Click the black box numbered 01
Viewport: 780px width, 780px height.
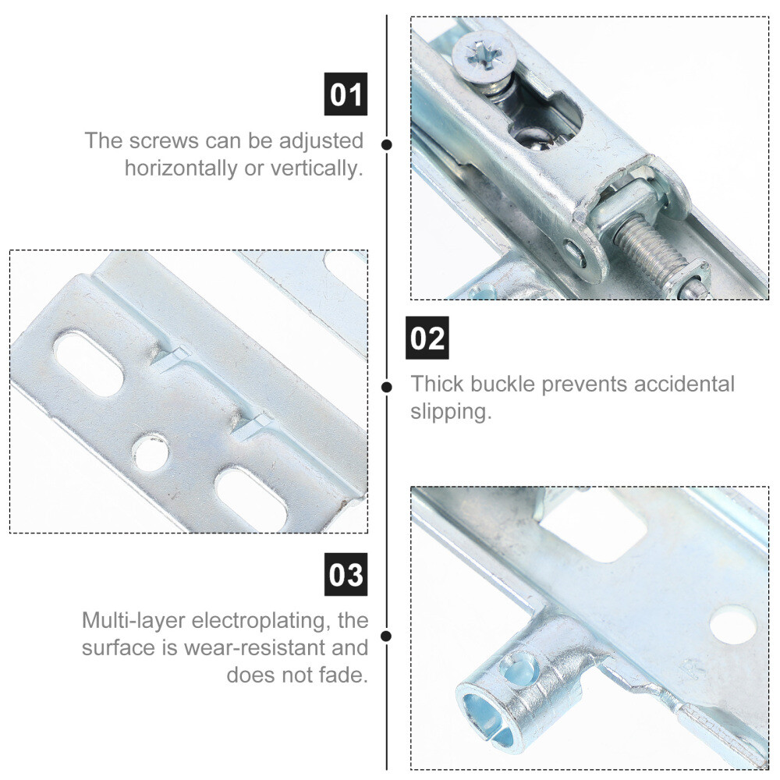(346, 94)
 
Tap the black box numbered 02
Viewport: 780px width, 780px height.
(427, 338)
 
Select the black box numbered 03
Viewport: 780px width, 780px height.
(346, 574)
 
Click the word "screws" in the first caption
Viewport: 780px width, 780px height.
(164, 140)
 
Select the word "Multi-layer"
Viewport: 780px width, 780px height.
(133, 621)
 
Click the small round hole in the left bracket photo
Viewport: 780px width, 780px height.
(151, 452)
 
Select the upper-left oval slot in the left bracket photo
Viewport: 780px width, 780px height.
(89, 362)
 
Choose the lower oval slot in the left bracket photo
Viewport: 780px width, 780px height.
(251, 500)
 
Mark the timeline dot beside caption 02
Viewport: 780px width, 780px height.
(387, 387)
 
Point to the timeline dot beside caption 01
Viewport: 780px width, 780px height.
(387, 145)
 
